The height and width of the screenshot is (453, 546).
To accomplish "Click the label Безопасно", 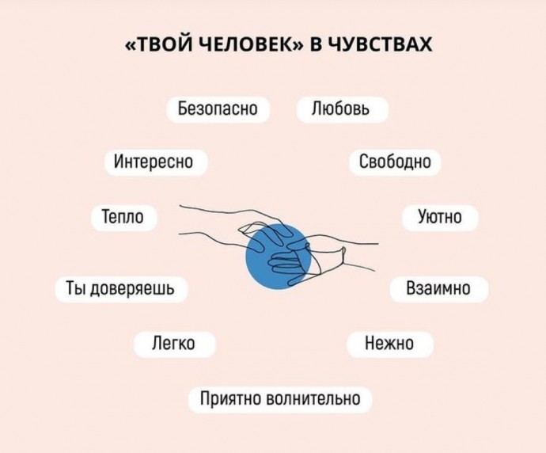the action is [x=218, y=109].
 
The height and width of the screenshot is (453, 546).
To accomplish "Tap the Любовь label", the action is [x=342, y=109].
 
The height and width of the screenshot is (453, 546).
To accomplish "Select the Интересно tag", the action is [x=156, y=162].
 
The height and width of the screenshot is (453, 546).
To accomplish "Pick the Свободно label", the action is [x=395, y=162].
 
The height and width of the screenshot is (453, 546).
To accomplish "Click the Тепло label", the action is [x=123, y=218].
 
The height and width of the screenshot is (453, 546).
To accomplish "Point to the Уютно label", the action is [x=440, y=218].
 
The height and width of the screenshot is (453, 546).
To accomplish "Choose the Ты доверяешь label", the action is [x=121, y=289].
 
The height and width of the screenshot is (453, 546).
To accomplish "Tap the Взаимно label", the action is [x=438, y=289].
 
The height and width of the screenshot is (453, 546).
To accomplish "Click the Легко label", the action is [x=174, y=345].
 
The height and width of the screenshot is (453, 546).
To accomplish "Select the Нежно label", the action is [x=390, y=345].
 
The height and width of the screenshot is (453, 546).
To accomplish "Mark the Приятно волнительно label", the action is [x=280, y=400].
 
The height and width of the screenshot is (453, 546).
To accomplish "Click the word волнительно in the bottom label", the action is [x=313, y=399].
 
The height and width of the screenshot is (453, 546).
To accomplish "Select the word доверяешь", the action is [x=132, y=289].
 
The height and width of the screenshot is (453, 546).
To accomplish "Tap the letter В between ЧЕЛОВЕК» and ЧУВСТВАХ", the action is [x=316, y=44].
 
